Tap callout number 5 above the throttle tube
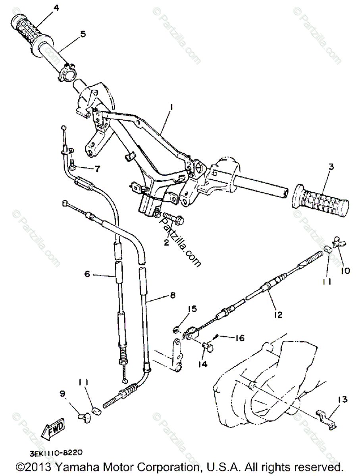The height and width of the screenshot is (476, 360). click(x=83, y=34)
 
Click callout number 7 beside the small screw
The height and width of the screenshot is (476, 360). click(x=97, y=169)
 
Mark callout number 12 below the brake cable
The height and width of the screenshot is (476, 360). click(x=289, y=315)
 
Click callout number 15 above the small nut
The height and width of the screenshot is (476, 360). click(x=181, y=309)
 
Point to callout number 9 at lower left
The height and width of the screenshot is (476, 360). click(x=62, y=394)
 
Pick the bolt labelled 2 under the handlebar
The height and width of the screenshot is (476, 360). click(x=172, y=217)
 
